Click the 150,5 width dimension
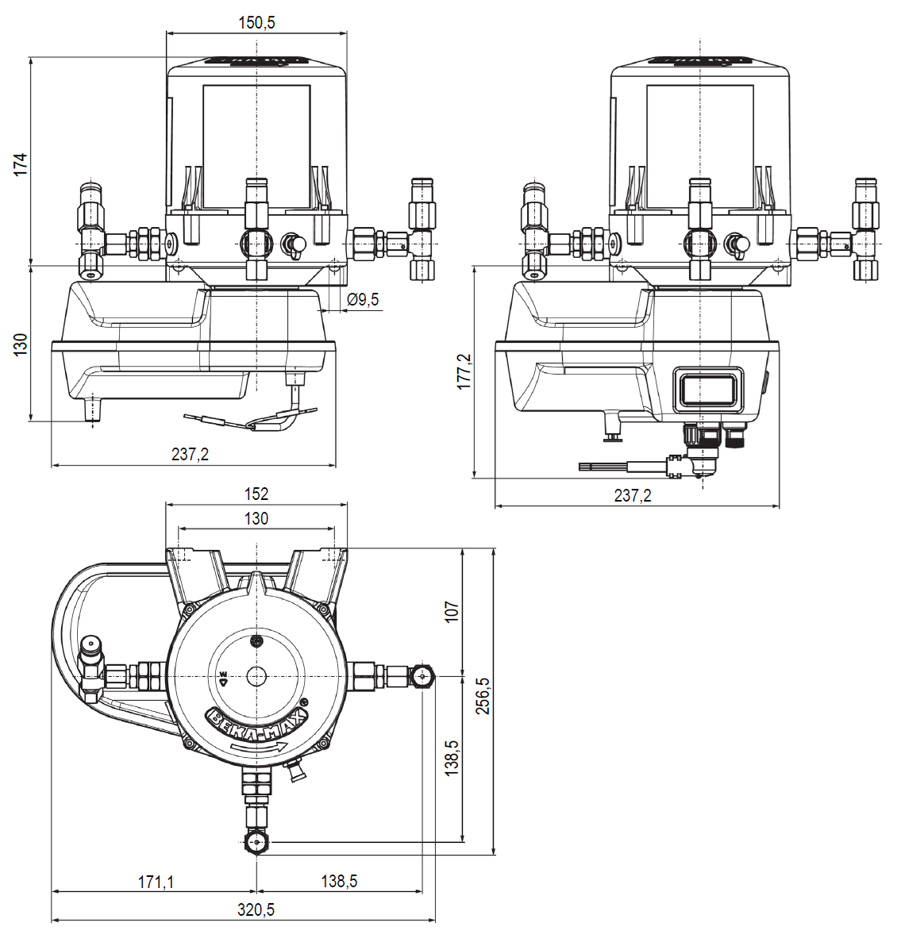[x=256, y=22]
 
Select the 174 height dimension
[x=21, y=164]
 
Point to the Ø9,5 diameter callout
[x=363, y=299]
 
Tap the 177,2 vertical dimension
[x=464, y=371]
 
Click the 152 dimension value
[x=256, y=494]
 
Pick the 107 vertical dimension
[x=452, y=612]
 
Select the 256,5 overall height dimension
[x=483, y=696]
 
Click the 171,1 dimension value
[x=156, y=882]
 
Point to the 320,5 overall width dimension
[x=256, y=910]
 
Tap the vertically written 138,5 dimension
[x=452, y=759]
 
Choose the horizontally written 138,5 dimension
[x=339, y=882]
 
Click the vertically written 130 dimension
[x=21, y=344]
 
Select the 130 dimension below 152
[x=256, y=518]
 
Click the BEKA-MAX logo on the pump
[x=256, y=724]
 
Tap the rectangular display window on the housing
[x=708, y=390]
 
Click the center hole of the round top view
[x=256, y=676]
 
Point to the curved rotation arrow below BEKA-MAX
[x=256, y=748]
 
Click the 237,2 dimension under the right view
[x=633, y=495]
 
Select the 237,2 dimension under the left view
[x=190, y=454]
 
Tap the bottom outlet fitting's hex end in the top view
[x=256, y=842]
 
